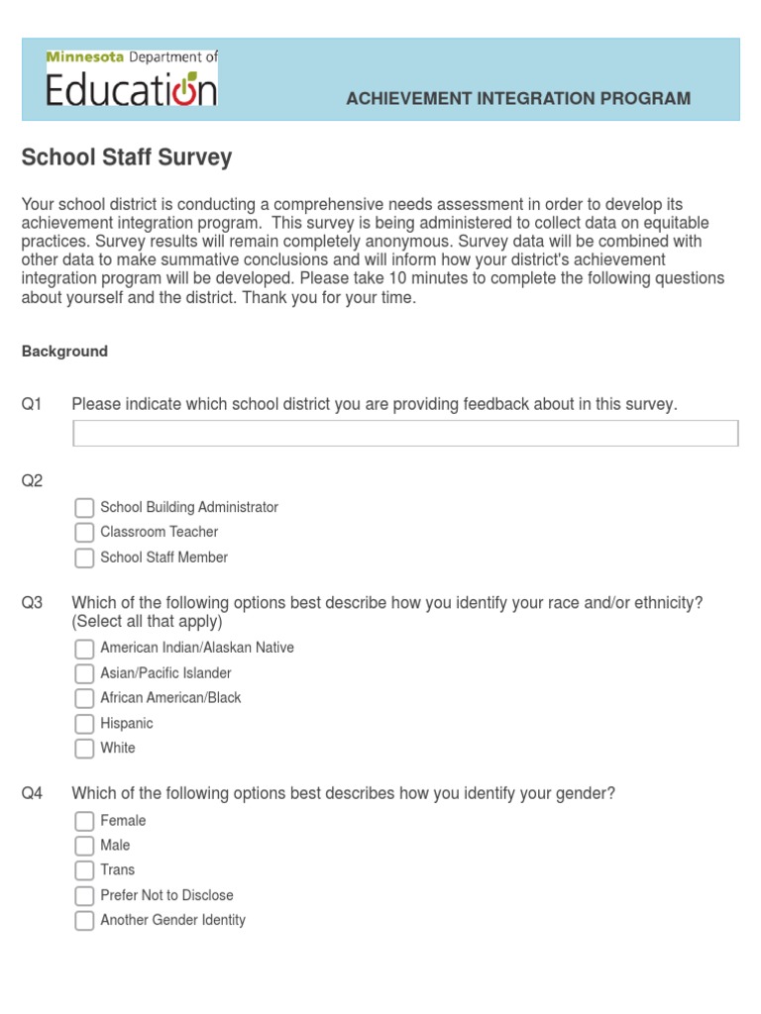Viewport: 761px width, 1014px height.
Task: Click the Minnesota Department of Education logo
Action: (132, 79)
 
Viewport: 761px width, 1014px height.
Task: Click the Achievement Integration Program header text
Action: (518, 98)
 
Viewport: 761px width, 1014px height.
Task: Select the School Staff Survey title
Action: (127, 157)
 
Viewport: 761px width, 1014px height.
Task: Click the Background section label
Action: (64, 352)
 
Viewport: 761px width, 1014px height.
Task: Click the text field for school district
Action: (405, 433)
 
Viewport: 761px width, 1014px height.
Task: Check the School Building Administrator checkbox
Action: (84, 508)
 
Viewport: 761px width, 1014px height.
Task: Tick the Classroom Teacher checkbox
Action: (84, 533)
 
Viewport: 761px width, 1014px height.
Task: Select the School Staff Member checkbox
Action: (84, 558)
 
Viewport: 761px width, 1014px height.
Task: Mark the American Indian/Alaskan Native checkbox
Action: (84, 649)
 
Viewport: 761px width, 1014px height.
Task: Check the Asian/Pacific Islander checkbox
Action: (84, 673)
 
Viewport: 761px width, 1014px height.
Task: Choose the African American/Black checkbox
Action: (84, 698)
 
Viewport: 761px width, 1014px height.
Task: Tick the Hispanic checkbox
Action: (84, 724)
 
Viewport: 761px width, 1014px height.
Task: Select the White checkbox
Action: (84, 749)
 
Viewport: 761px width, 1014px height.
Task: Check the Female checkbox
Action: (84, 821)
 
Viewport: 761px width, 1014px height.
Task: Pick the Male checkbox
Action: (84, 846)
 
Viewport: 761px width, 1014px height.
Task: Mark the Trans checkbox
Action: (84, 870)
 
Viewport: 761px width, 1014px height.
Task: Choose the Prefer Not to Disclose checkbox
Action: (84, 896)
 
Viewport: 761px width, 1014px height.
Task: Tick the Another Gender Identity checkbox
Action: (84, 921)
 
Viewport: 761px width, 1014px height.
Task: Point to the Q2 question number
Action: (33, 481)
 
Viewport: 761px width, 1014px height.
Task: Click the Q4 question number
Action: (33, 794)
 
